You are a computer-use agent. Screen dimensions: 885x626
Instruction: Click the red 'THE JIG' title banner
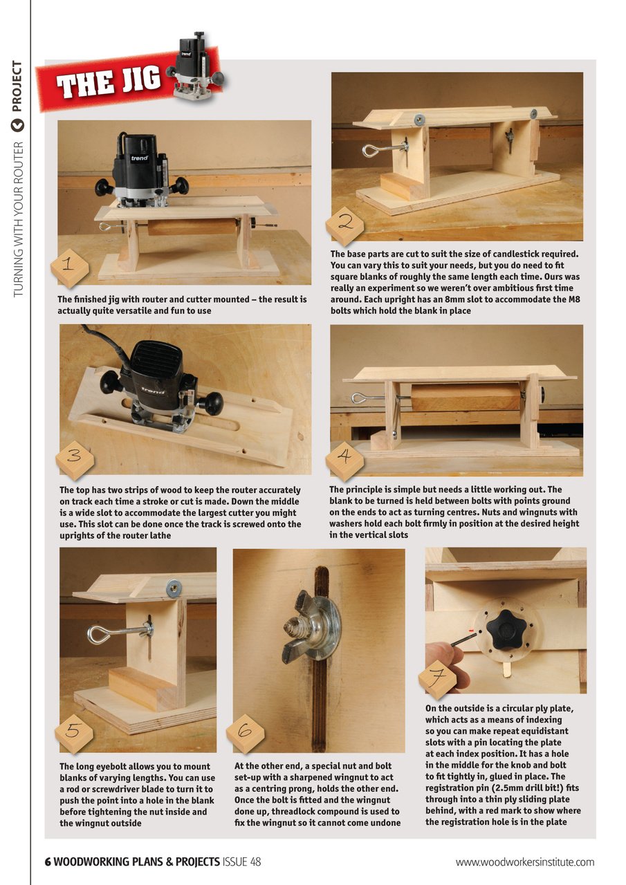pos(111,83)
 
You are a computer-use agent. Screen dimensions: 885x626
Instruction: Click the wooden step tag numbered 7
pos(437,680)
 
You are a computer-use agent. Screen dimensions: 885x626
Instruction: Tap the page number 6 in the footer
pos(48,861)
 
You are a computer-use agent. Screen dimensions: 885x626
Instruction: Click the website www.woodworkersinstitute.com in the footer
pos(524,862)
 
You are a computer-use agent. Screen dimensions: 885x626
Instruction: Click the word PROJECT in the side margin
pos(17,87)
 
